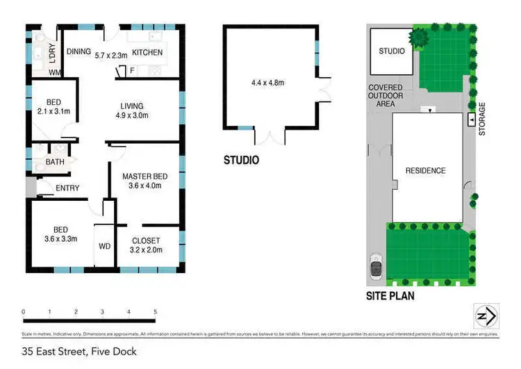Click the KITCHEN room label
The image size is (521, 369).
point(147,53)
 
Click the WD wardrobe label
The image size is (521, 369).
point(105,246)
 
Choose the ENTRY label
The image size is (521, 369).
point(67,188)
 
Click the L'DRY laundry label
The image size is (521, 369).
point(53,56)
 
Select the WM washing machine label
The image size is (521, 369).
point(54,72)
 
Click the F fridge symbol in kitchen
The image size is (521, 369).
point(131,70)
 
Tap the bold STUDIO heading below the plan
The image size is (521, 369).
point(241,161)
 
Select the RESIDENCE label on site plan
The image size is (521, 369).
point(426,170)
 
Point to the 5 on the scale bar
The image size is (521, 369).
point(156,312)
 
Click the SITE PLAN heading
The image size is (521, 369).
point(390,295)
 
